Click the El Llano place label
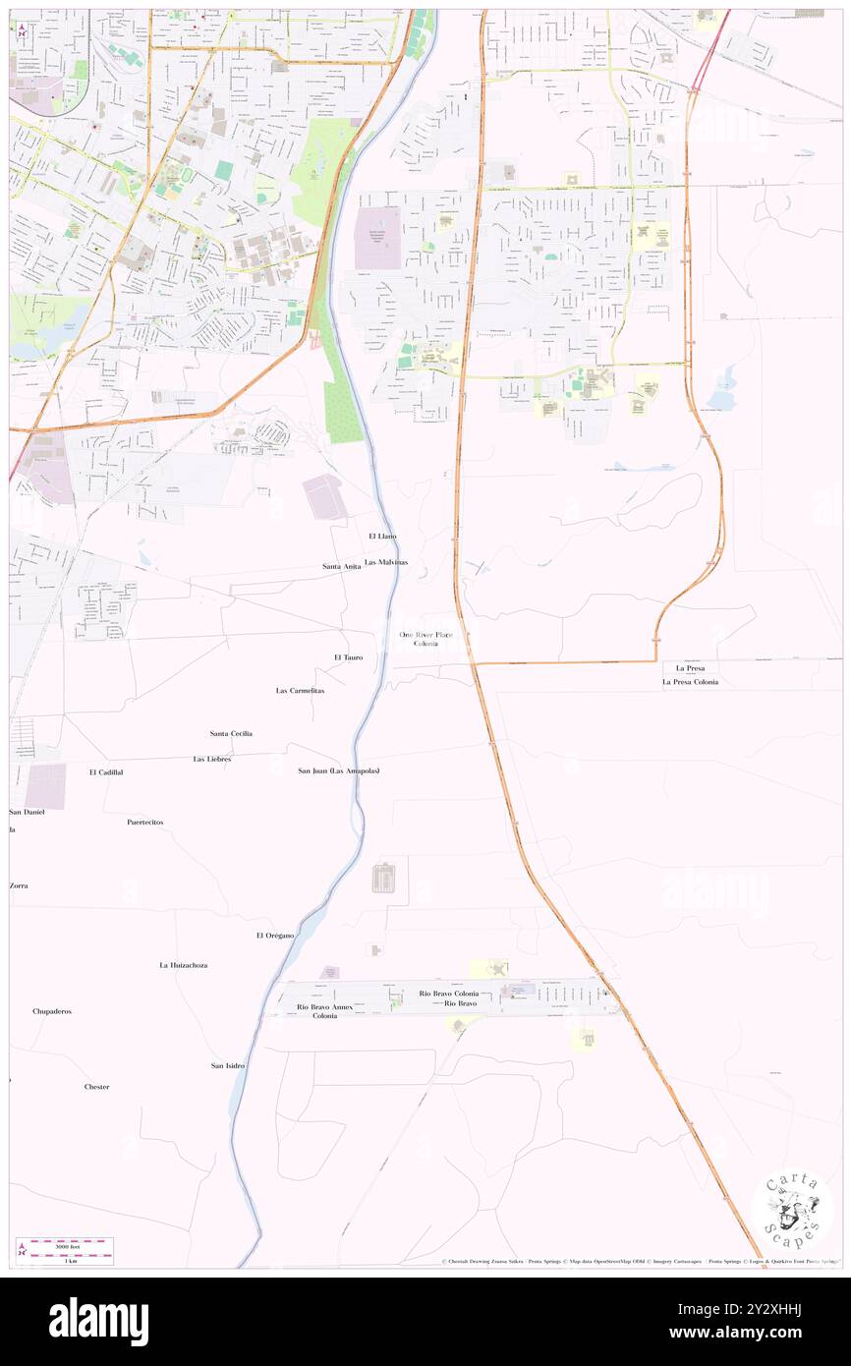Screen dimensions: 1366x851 click(382, 536)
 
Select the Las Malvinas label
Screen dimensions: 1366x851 click(386, 561)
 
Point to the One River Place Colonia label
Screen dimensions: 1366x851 click(426, 639)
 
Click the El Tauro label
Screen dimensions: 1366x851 click(348, 655)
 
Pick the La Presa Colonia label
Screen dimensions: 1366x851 click(690, 681)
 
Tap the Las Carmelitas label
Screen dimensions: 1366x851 click(300, 691)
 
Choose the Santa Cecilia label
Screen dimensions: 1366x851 click(232, 733)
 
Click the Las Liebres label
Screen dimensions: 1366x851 click(211, 759)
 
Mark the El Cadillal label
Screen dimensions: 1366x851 click(106, 772)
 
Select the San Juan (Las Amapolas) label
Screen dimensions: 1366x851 click(339, 770)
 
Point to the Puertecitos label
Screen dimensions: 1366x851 click(144, 821)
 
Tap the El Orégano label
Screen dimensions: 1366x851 click(275, 935)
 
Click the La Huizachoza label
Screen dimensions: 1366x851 click(184, 965)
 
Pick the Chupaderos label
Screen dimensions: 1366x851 click(52, 1011)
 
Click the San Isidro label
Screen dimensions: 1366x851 click(227, 1065)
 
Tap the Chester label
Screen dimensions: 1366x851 click(96, 1087)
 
